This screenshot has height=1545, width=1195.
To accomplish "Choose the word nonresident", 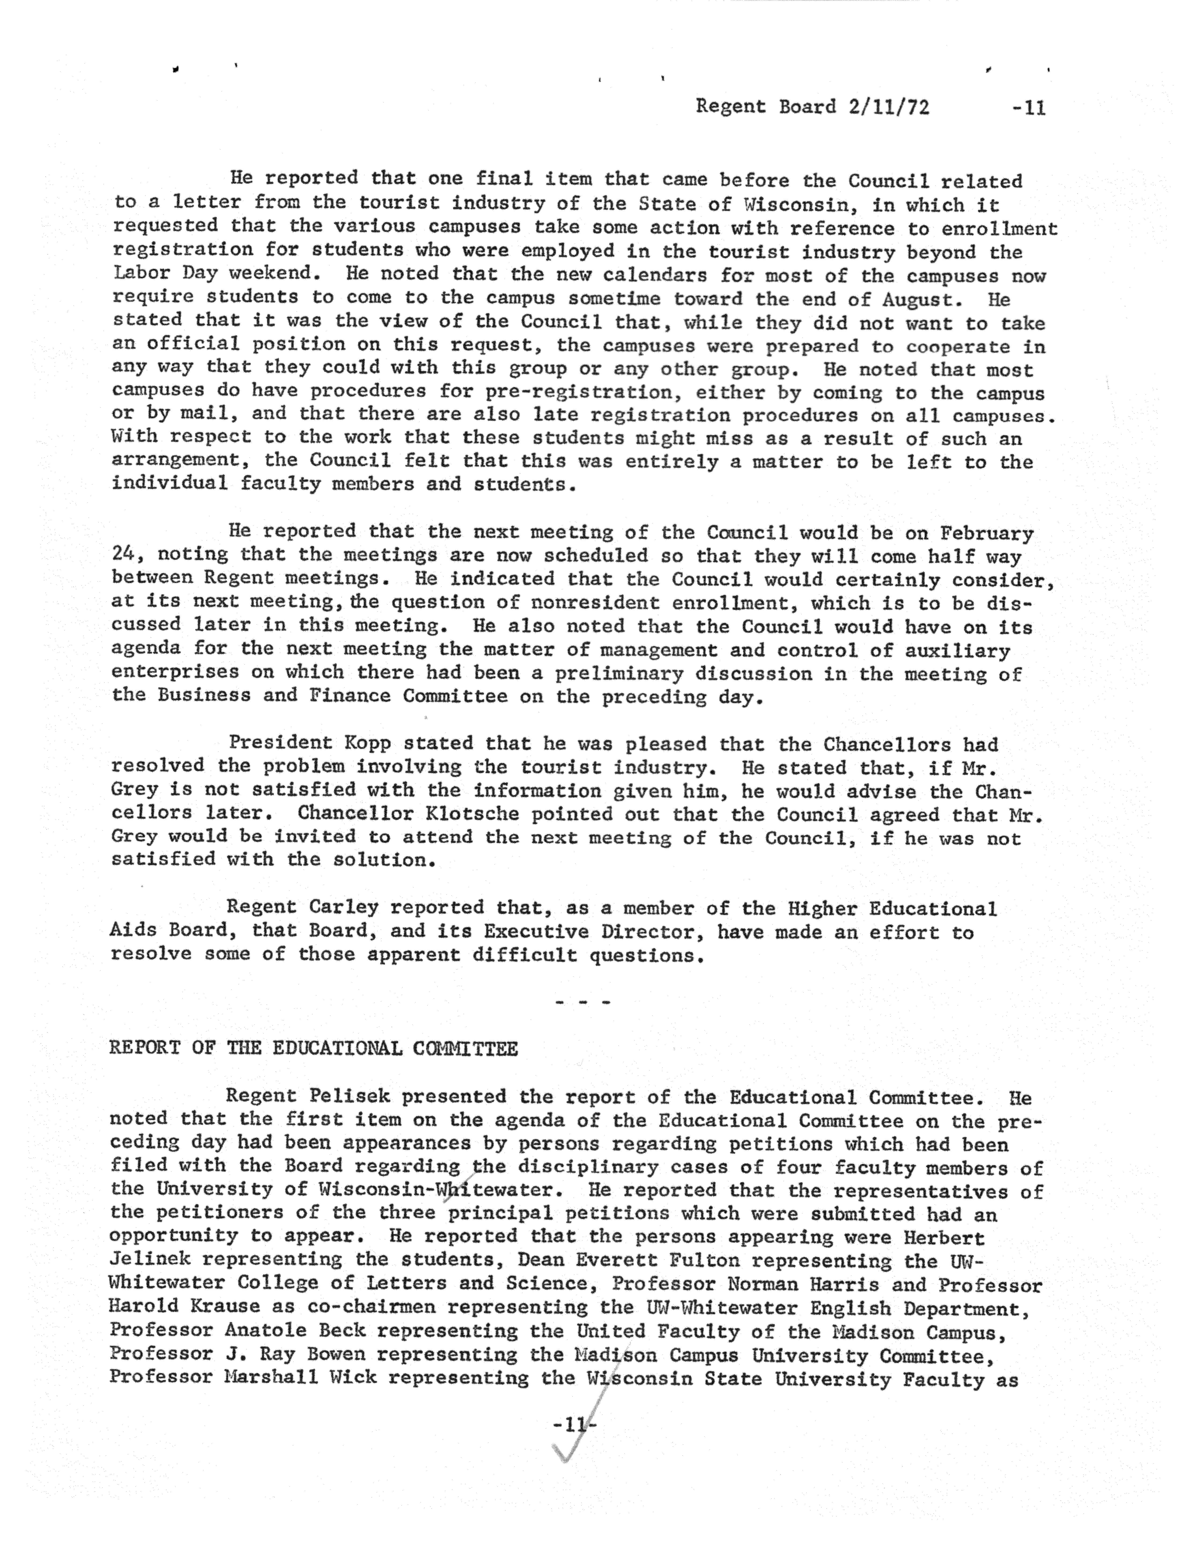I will click(596, 603).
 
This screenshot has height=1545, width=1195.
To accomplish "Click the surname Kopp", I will click(373, 743).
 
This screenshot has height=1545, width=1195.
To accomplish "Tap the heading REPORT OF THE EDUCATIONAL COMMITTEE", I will click(314, 1048).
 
